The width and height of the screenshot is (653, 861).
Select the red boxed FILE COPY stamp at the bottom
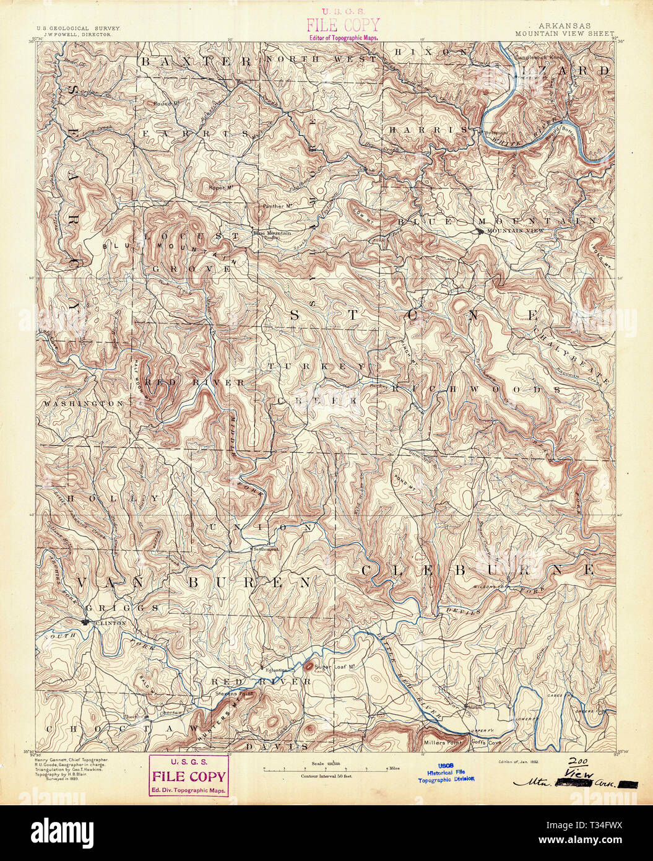[189, 776]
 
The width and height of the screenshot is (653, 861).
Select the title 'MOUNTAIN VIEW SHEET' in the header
[564, 34]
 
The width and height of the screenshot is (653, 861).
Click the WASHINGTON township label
[83, 404]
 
